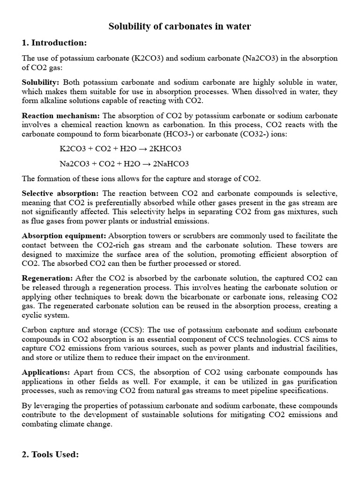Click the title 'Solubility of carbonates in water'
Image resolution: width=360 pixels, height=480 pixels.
(x=180, y=27)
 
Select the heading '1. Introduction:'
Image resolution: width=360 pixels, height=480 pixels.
(x=54, y=43)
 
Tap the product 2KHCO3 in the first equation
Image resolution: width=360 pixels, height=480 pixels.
(x=164, y=149)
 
